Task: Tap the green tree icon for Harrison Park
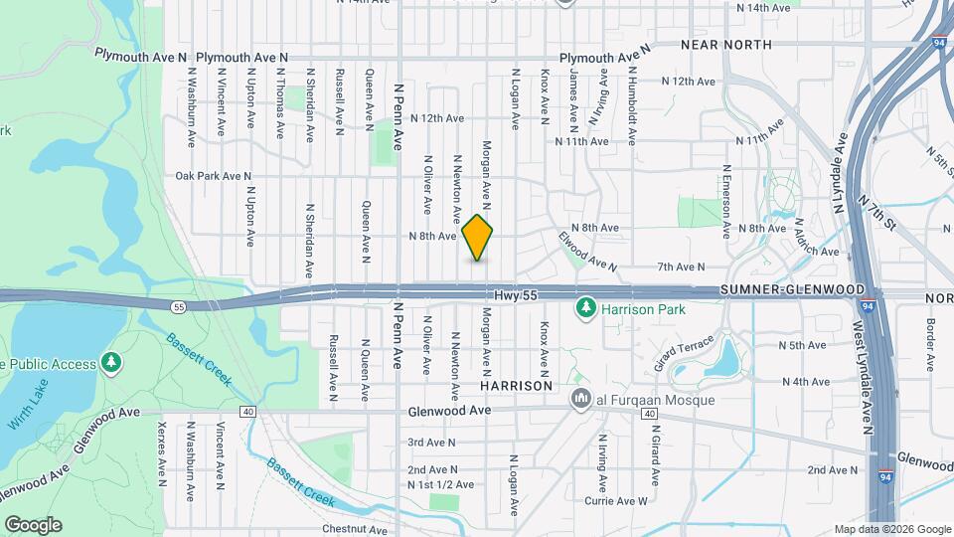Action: click(586, 309)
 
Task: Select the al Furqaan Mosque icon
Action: click(580, 400)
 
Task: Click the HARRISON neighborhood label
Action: click(516, 384)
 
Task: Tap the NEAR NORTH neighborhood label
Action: click(726, 45)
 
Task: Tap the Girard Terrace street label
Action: click(678, 347)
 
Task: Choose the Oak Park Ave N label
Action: click(213, 176)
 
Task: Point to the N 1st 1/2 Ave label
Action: click(440, 484)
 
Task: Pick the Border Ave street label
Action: click(930, 338)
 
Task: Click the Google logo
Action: click(33, 524)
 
